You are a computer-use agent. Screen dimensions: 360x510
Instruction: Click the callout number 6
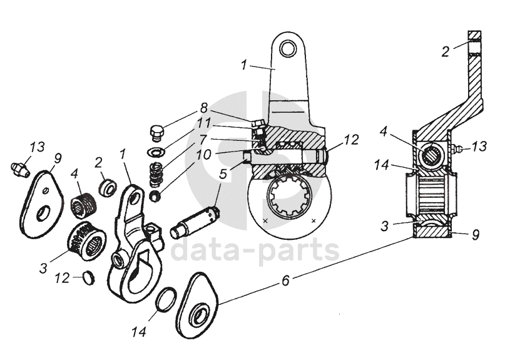285,281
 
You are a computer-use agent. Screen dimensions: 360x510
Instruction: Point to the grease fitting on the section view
457,149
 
